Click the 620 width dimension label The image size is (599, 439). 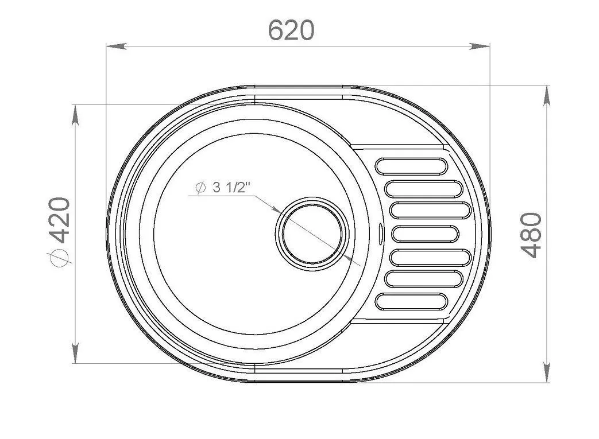[291, 30]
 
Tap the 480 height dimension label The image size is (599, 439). [531, 235]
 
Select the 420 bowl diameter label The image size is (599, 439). [60, 220]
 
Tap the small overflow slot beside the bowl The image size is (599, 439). [381, 233]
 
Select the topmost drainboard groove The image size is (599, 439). [411, 166]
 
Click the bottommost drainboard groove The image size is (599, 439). [411, 301]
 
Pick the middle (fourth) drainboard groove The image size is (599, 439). [425, 234]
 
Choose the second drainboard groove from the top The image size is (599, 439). [424, 189]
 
